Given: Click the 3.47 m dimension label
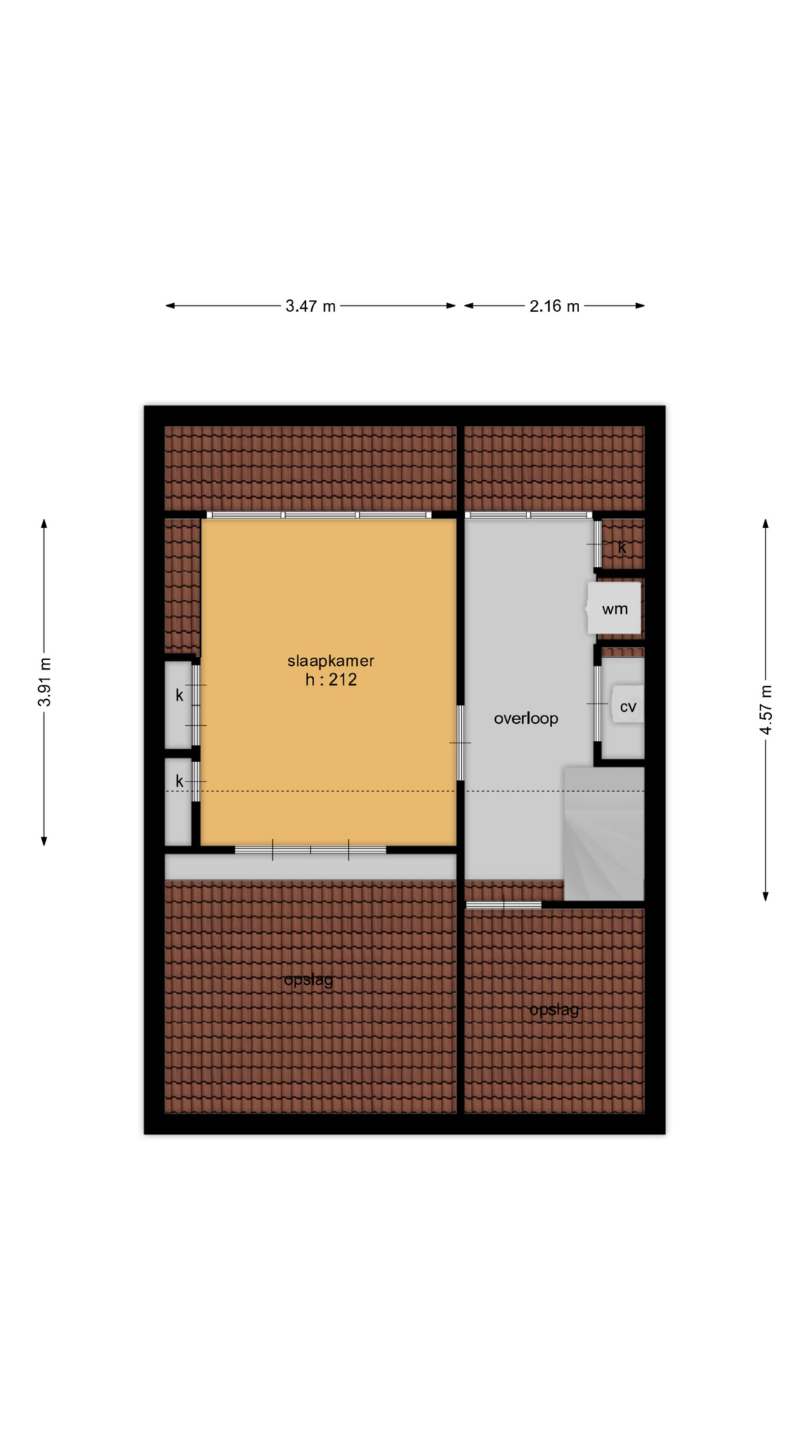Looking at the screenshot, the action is tap(310, 306).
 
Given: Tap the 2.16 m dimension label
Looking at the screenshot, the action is tap(554, 306).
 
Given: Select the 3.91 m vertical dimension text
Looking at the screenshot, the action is tap(45, 682).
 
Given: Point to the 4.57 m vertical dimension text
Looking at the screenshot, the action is tap(766, 709).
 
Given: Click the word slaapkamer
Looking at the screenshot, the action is tap(331, 661).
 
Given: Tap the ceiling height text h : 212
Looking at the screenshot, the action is tap(331, 680).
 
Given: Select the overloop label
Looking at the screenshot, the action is tap(526, 718).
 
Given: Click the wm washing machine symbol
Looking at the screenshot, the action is tap(614, 608).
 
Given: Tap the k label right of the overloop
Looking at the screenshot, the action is tap(622, 547).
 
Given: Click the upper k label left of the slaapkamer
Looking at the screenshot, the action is tap(179, 695).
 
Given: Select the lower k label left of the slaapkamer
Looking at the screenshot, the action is tap(179, 781).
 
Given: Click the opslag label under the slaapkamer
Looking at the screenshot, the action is tap(308, 979).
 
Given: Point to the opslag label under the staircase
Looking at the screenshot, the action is tap(554, 1009).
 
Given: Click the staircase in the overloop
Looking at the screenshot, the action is tap(604, 833).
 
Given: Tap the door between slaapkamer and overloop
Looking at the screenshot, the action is tap(460, 742).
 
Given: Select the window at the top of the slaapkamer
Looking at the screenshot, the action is tap(319, 515).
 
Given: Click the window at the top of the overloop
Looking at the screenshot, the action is tap(529, 515).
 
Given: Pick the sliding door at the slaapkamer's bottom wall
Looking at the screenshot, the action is tap(310, 850).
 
